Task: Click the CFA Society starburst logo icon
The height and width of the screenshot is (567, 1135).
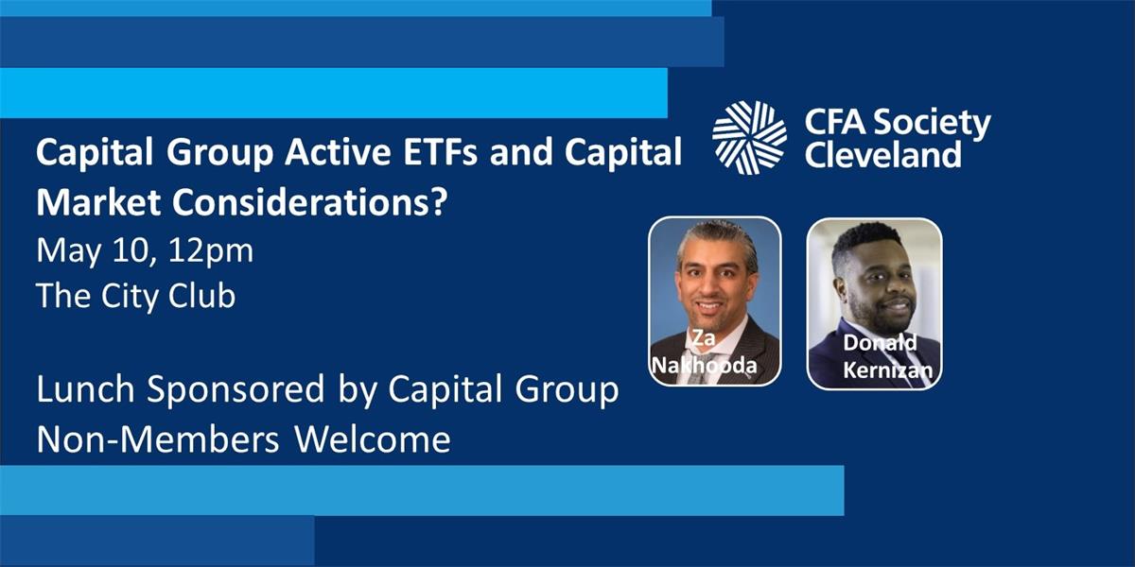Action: coord(749,138)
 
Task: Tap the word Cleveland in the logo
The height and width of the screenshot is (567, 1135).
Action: coord(882,154)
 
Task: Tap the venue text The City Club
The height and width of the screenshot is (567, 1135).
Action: coord(135,296)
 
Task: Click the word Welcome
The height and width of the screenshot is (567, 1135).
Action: coord(372,439)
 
